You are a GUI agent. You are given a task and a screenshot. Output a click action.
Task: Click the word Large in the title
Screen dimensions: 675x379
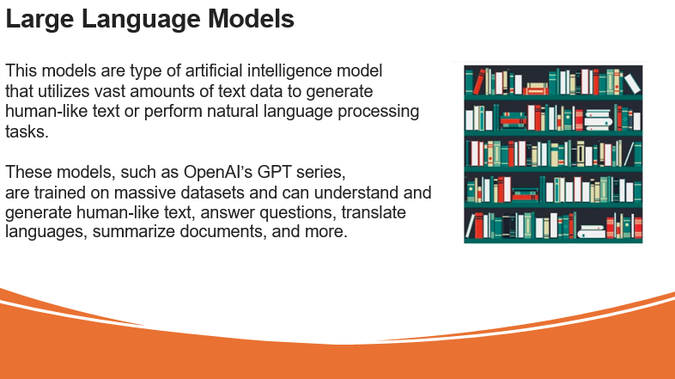coord(40,20)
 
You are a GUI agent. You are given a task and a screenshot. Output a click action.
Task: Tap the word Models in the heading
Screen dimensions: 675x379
coord(251,19)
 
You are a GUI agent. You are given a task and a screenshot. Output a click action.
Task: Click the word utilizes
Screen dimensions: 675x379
coord(64,91)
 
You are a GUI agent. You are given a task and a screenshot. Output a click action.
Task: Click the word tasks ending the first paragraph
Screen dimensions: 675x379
coord(27,131)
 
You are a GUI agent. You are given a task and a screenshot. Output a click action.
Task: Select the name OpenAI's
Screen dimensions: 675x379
coord(218,172)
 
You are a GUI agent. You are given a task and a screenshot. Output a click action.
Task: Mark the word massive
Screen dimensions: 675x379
coord(144,193)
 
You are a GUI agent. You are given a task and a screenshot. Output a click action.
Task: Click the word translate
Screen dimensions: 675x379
coord(374,212)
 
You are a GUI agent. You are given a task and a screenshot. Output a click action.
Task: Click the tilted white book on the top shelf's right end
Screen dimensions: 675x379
coord(632,83)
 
